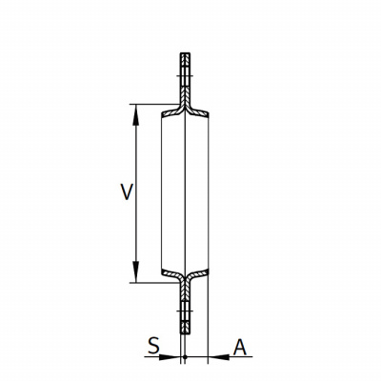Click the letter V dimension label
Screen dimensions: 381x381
tap(127, 191)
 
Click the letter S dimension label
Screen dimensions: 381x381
tap(154, 346)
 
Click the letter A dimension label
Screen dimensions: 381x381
tap(240, 347)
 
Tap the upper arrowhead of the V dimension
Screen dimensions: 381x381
tap(136, 115)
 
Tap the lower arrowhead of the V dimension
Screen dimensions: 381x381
tap(136, 271)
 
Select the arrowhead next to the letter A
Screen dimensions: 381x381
tap(219, 357)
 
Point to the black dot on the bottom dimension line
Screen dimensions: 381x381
tap(185, 357)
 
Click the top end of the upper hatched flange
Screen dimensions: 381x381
tap(185, 53)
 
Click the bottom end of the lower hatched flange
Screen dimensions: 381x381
tap(185, 333)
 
